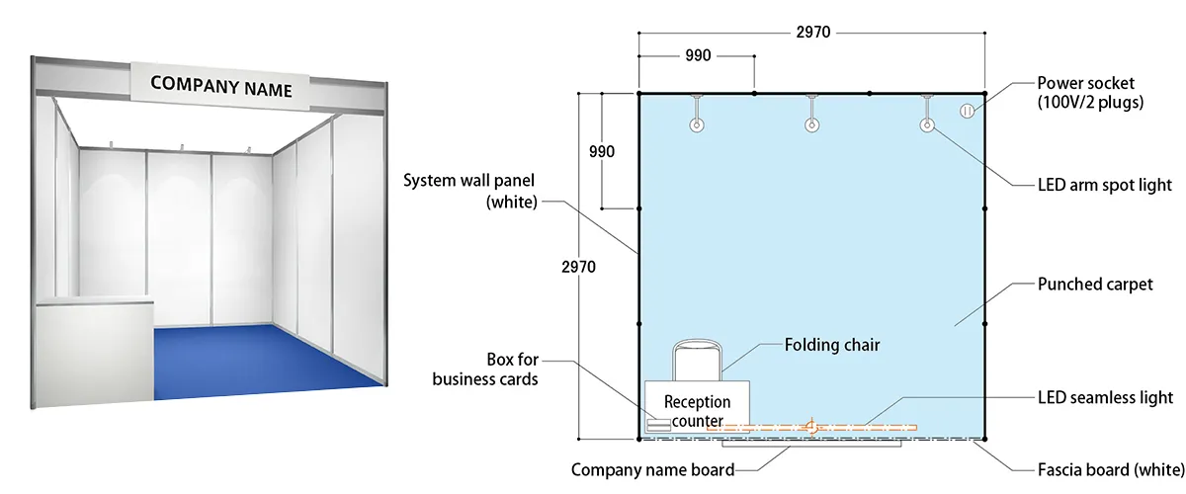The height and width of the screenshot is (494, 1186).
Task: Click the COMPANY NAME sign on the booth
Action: [x=221, y=85]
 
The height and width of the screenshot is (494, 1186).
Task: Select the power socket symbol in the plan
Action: [x=968, y=111]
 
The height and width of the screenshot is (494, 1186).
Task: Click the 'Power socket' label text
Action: [x=1090, y=92]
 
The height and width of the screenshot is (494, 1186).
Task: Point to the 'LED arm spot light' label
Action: [x=1105, y=185]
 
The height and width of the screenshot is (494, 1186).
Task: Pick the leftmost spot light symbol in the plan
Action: [x=697, y=125]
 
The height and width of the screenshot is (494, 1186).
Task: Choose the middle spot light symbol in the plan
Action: [x=811, y=125]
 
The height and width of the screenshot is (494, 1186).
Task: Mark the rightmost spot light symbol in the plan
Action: [x=927, y=125]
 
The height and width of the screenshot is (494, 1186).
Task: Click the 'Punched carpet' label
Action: [x=1095, y=285]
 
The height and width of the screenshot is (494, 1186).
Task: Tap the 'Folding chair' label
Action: [x=831, y=345]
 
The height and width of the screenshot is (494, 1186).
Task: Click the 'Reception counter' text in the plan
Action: [x=697, y=411]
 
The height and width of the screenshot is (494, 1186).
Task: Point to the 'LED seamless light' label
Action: [x=1105, y=397]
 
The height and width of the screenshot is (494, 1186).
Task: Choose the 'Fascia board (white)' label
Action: [x=1108, y=467]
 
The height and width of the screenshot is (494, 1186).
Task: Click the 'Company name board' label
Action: [x=652, y=469]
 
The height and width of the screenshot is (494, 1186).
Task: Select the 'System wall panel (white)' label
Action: [x=470, y=190]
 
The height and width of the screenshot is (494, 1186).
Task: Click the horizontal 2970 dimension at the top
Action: [x=811, y=32]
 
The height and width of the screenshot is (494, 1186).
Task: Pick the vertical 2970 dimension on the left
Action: [x=579, y=267]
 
